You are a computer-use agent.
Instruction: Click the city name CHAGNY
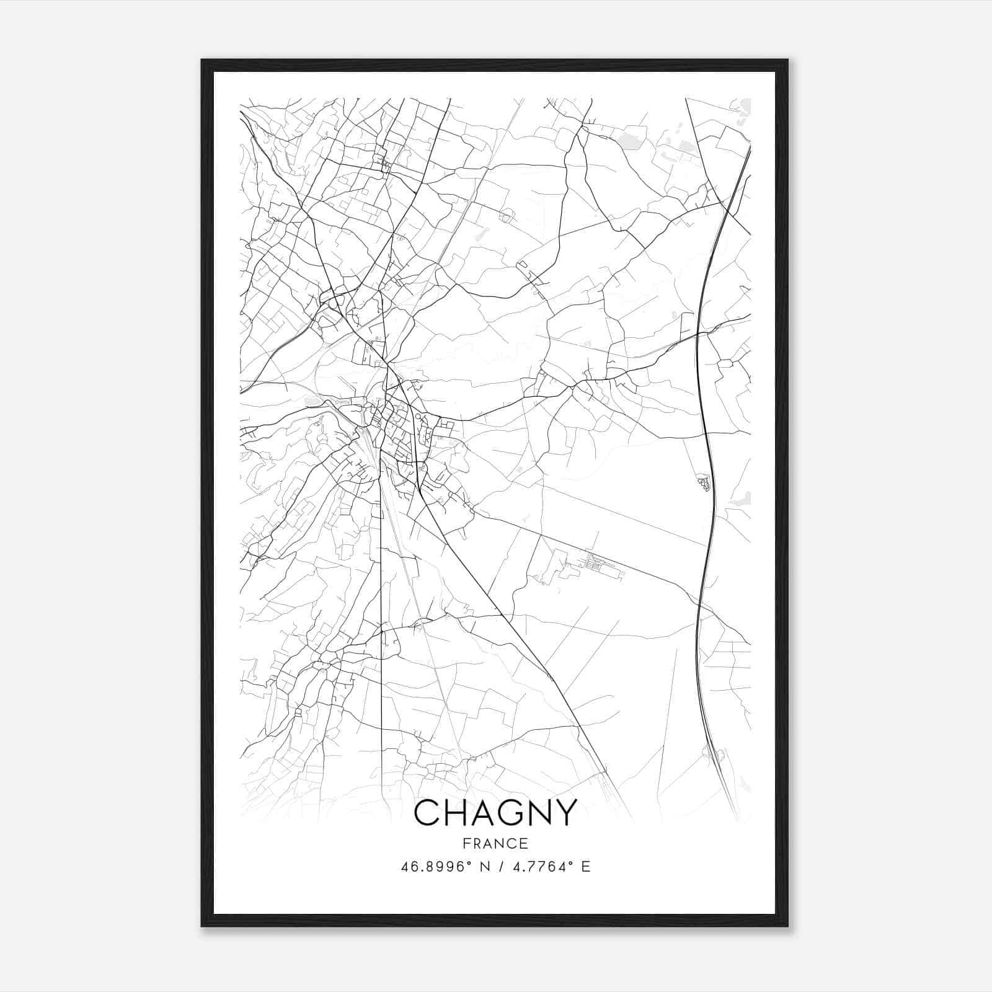pos(495,812)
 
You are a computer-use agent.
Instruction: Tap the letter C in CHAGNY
pos(427,812)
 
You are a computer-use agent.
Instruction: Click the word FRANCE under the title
pos(495,843)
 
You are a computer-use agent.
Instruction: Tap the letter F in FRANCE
pos(466,843)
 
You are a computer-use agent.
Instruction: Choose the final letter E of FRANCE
pos(525,843)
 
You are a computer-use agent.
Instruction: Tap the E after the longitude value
pos(585,866)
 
